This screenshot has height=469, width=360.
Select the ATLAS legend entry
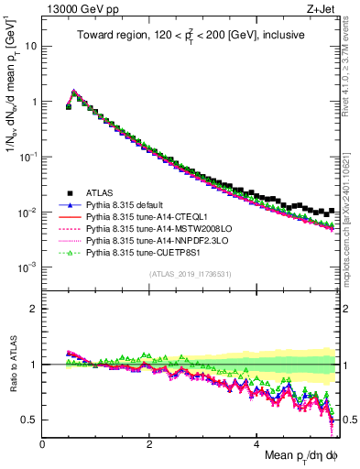(x=101, y=193)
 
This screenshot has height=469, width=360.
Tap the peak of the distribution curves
(x=74, y=92)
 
